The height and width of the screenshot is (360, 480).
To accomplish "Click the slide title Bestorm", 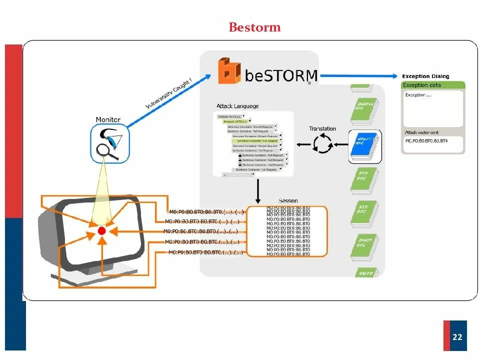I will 254,26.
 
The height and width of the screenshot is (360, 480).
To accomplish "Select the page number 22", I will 457,337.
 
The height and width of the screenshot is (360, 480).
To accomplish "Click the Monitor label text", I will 108,120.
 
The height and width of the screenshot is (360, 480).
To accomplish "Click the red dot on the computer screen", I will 102,231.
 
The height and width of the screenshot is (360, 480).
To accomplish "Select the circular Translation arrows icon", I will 322,144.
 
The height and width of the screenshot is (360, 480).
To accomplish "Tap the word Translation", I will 322,129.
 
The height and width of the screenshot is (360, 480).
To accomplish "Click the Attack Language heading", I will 237,106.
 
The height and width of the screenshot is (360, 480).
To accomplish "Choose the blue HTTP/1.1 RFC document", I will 364,145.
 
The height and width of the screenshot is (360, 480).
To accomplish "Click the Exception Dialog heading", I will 425,76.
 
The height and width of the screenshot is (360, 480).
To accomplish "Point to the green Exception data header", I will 433,85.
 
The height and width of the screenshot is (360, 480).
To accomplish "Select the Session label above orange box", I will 288,201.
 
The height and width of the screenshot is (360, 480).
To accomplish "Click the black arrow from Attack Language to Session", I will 258,189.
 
